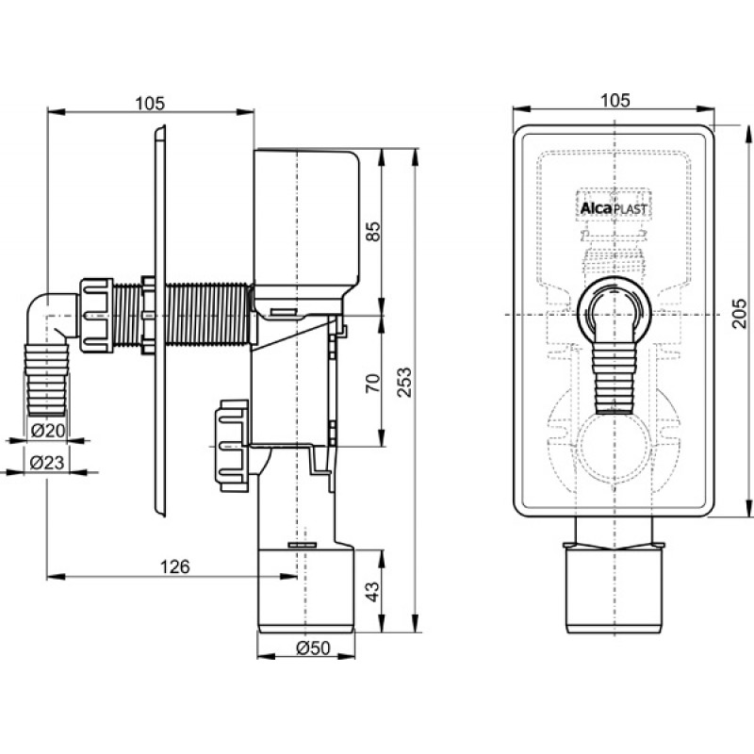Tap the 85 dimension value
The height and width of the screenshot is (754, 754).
(370, 230)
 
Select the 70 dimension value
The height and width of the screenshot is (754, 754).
(370, 383)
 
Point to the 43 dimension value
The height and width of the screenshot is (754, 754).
(370, 591)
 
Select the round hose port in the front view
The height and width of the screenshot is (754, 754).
(614, 306)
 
